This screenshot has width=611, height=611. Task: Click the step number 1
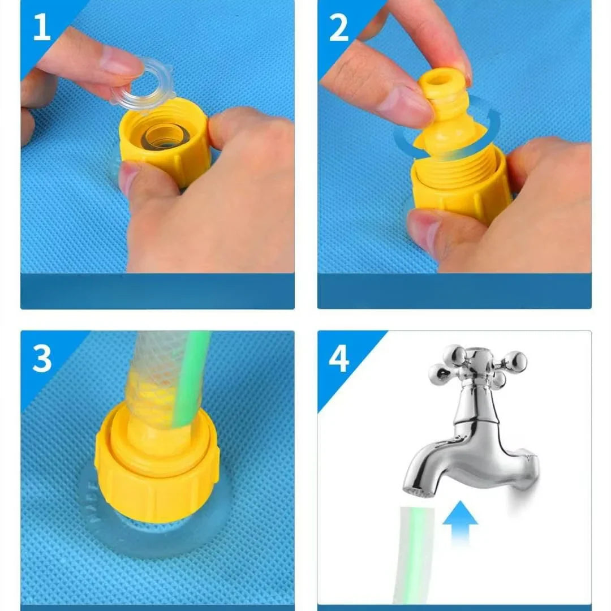tap(41, 28)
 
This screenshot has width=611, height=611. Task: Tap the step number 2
tap(338, 28)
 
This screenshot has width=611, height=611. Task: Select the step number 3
tap(42, 359)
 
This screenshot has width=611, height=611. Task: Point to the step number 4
tap(339, 359)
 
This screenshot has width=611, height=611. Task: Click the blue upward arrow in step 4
tap(460, 520)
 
